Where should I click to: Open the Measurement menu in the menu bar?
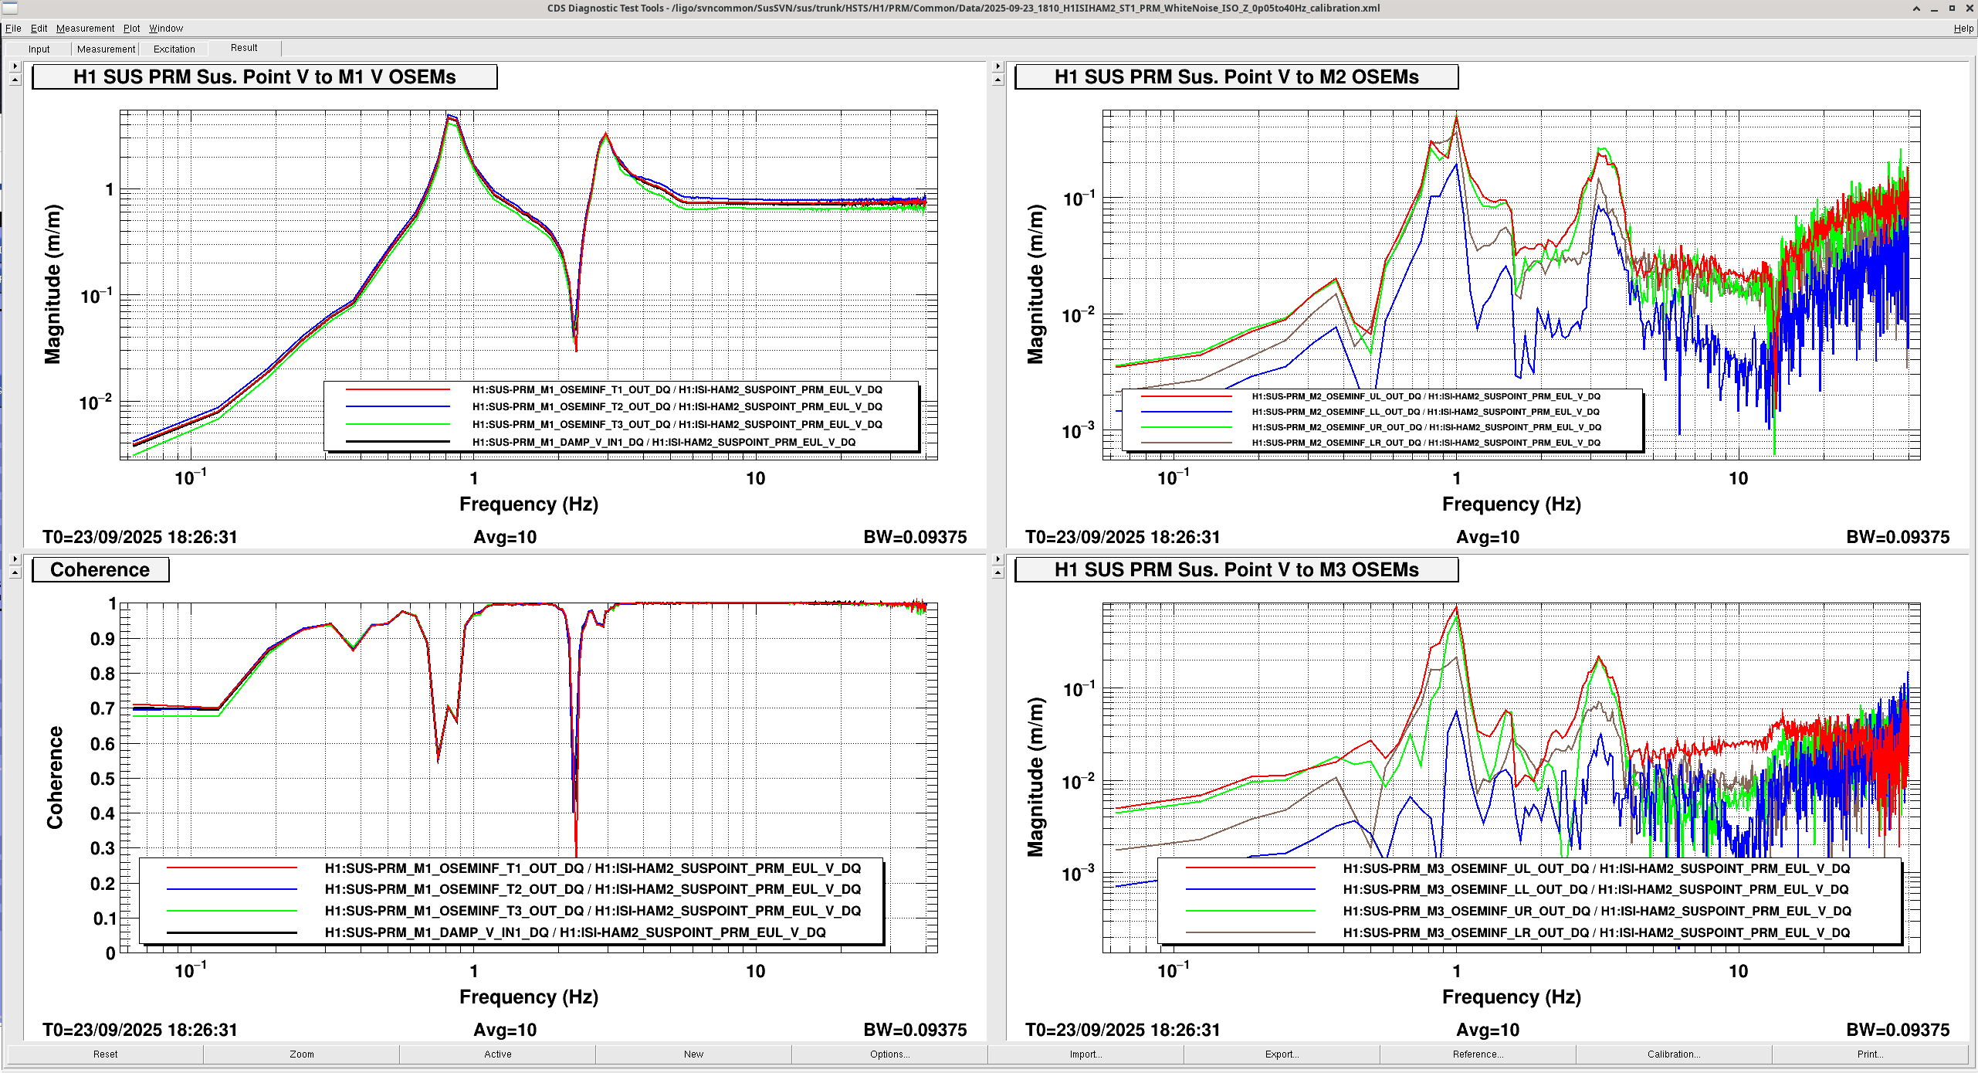click(x=85, y=29)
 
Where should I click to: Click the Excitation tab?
click(x=174, y=49)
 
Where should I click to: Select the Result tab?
click(x=244, y=48)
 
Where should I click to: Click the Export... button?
click(x=1282, y=1054)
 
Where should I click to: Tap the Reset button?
click(x=105, y=1054)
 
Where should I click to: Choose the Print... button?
click(x=1869, y=1054)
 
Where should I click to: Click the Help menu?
click(x=1963, y=29)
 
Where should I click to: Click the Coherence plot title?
click(x=100, y=570)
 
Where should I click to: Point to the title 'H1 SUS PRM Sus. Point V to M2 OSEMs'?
click(x=1236, y=77)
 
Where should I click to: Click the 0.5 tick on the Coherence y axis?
click(x=102, y=779)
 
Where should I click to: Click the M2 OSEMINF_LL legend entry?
click(x=1425, y=412)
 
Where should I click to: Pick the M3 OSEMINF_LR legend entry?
click(x=1596, y=932)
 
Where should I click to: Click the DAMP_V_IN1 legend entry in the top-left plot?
click(x=663, y=442)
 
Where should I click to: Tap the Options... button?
click(x=889, y=1054)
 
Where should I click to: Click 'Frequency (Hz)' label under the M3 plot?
click(x=1511, y=997)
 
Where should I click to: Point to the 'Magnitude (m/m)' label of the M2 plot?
click(x=1035, y=284)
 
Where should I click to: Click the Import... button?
click(x=1086, y=1054)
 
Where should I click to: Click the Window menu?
click(x=166, y=29)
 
